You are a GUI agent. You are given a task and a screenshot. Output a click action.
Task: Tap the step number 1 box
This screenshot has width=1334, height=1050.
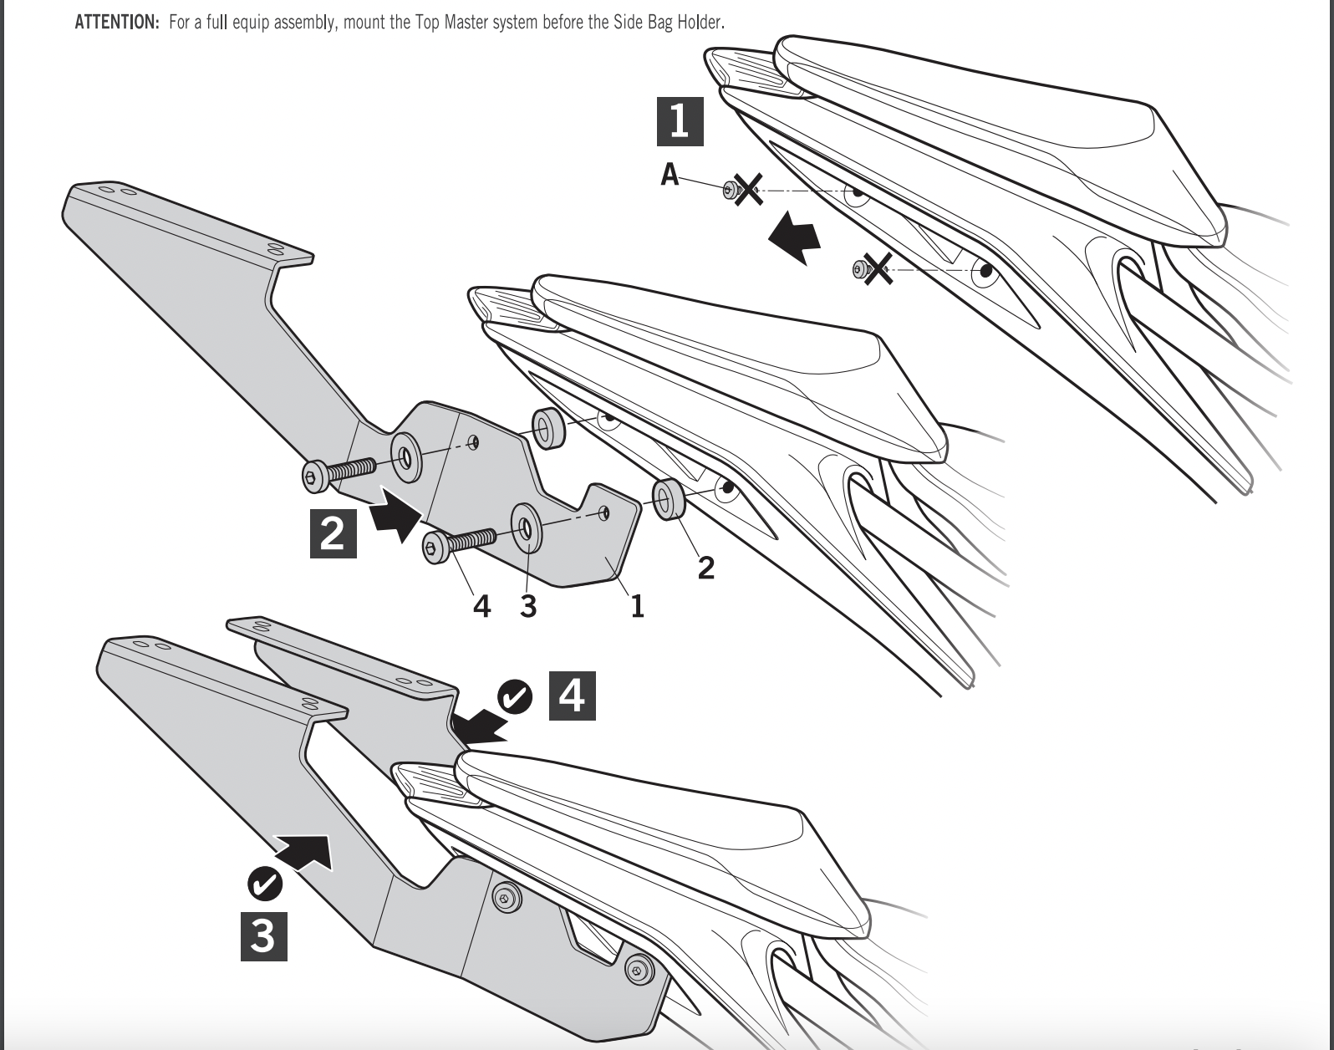(680, 120)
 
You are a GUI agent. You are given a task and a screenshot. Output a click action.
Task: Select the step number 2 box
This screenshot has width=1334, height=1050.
(333, 533)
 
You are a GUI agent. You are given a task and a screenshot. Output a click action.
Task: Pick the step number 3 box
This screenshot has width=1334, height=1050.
(263, 936)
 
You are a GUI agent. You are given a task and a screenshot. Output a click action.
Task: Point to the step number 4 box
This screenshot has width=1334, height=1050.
(572, 696)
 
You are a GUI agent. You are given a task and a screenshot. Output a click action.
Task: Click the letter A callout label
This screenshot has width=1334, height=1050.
(670, 175)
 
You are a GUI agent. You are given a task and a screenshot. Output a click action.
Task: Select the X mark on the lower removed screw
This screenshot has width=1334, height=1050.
(877, 268)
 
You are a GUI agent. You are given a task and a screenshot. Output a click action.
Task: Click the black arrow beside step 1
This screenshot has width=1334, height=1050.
(793, 237)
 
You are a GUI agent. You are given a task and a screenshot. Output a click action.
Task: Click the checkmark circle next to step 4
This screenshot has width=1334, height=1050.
(515, 697)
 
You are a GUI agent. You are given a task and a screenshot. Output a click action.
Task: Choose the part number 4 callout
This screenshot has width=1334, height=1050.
(481, 606)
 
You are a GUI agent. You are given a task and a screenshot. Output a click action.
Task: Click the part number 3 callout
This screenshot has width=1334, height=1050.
(527, 606)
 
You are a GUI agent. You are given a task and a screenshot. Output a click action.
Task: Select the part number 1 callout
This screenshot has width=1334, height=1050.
(637, 606)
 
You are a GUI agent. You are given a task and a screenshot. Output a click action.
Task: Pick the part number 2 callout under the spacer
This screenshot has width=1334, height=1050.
(706, 568)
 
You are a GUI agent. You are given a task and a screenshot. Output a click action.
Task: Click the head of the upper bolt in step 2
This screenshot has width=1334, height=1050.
(313, 477)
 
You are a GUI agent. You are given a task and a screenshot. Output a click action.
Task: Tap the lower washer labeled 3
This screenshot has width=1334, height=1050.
(525, 528)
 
